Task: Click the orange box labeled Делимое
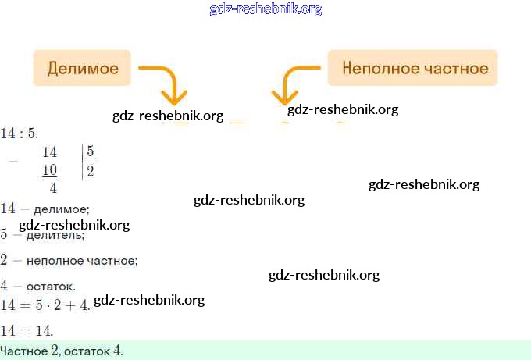point(83,68)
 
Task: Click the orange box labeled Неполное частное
point(415,68)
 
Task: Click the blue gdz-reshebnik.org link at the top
point(265,9)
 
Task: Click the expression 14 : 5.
point(19,134)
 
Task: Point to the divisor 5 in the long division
point(91,151)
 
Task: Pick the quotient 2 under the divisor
point(91,170)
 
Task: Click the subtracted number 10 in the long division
point(49,170)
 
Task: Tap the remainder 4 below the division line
point(53,187)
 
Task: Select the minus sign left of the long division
point(12,160)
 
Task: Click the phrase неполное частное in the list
point(81,260)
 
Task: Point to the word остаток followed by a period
point(49,287)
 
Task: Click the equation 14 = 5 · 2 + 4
point(45,304)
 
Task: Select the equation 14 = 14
point(27,330)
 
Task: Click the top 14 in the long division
point(49,151)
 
